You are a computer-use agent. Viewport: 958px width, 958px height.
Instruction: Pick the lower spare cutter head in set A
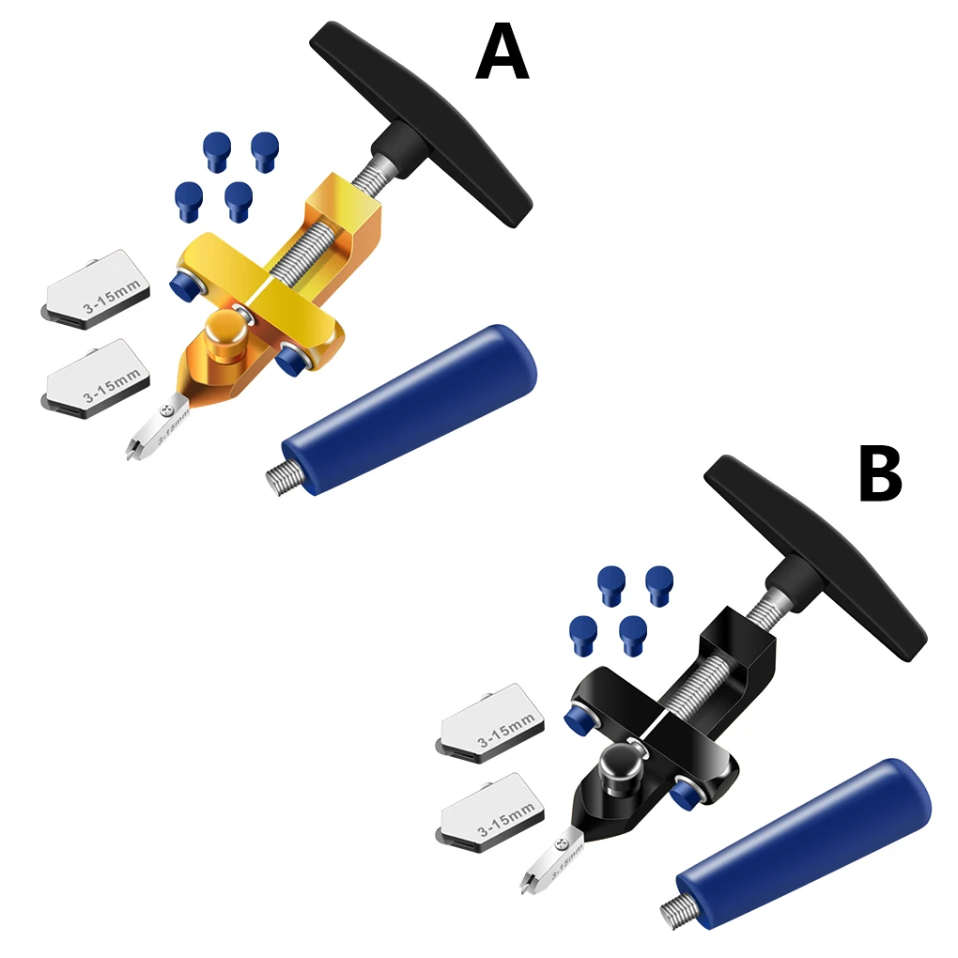(x=97, y=379)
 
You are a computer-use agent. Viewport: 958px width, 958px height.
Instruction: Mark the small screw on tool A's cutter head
(x=166, y=409)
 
